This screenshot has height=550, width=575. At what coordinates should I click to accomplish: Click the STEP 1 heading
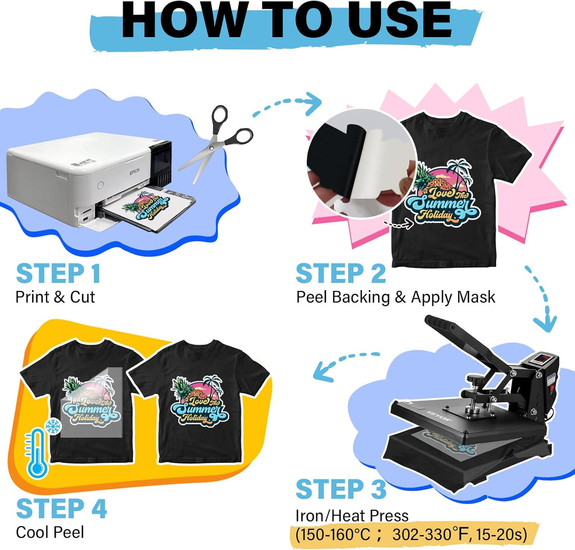click(58, 274)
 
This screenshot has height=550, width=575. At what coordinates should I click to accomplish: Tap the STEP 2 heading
click(341, 274)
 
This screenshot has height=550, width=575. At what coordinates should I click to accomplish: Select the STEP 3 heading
click(341, 489)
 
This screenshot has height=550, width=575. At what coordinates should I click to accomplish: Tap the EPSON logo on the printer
click(135, 172)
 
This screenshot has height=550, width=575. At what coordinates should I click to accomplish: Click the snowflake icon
click(53, 426)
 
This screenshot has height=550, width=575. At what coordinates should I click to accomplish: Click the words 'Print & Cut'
click(55, 297)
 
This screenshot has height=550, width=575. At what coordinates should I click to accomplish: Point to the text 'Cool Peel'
click(50, 532)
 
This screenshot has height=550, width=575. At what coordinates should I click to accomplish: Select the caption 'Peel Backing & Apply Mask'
click(396, 297)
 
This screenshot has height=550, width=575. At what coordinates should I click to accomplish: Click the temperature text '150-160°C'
click(333, 534)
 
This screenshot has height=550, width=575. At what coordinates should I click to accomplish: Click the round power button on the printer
click(100, 185)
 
